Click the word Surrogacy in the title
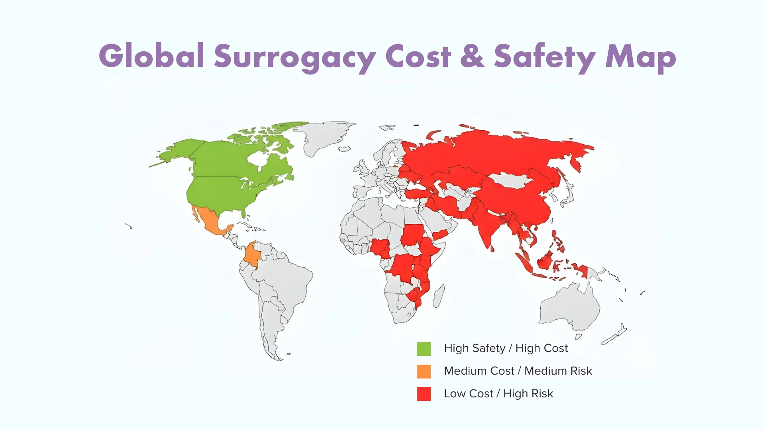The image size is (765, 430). [295, 57]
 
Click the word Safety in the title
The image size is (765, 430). [545, 57]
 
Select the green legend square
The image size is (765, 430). [424, 349]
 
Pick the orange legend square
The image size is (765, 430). [424, 371]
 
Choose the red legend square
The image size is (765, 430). [424, 394]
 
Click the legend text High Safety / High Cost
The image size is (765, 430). [506, 348]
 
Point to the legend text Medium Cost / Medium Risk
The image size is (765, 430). [518, 371]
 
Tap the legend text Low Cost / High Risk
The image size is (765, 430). [498, 394]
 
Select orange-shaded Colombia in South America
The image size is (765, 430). [252, 255]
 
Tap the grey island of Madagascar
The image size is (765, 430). [439, 296]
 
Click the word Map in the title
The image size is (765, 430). [640, 57]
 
